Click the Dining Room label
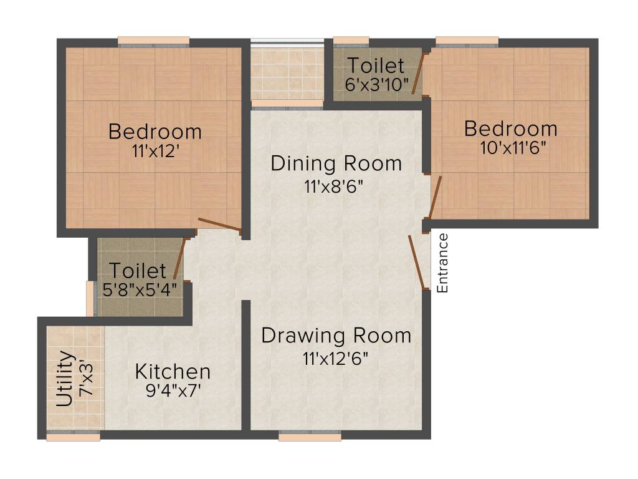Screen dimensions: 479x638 336,164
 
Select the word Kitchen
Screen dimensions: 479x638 173,372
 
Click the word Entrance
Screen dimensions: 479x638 443,263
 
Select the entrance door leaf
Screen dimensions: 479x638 418,262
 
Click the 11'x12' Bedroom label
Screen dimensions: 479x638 155,132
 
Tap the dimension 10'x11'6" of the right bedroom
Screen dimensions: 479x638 511,150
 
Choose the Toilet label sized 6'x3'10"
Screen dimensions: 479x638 376,65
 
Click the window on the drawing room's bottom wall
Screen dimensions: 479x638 310,437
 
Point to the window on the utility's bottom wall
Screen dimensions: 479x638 73,437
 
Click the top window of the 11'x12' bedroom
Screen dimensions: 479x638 154,41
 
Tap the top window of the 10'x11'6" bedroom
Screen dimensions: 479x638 467,41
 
